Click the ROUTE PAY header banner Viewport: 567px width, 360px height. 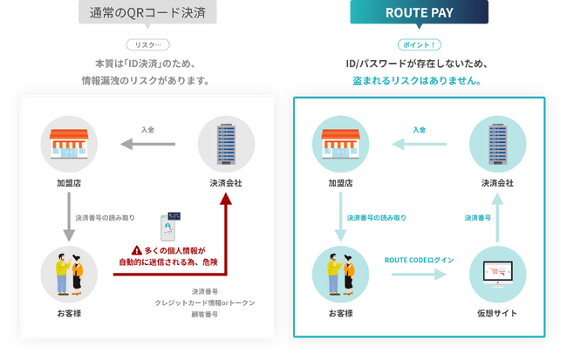point(420,13)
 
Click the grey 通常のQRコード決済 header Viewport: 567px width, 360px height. point(147,12)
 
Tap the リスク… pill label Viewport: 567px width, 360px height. point(147,44)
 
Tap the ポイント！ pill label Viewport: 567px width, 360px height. point(420,44)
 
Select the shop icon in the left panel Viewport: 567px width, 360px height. point(68,143)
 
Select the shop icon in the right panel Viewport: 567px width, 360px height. point(341,143)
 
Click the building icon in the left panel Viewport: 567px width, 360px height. point(226,143)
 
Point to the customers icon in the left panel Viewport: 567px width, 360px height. point(68,275)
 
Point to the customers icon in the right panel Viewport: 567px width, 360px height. point(341,275)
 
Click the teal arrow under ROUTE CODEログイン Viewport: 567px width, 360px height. point(419,275)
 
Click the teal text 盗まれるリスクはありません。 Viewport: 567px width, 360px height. point(420,81)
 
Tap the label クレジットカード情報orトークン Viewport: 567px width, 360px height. point(205,302)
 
